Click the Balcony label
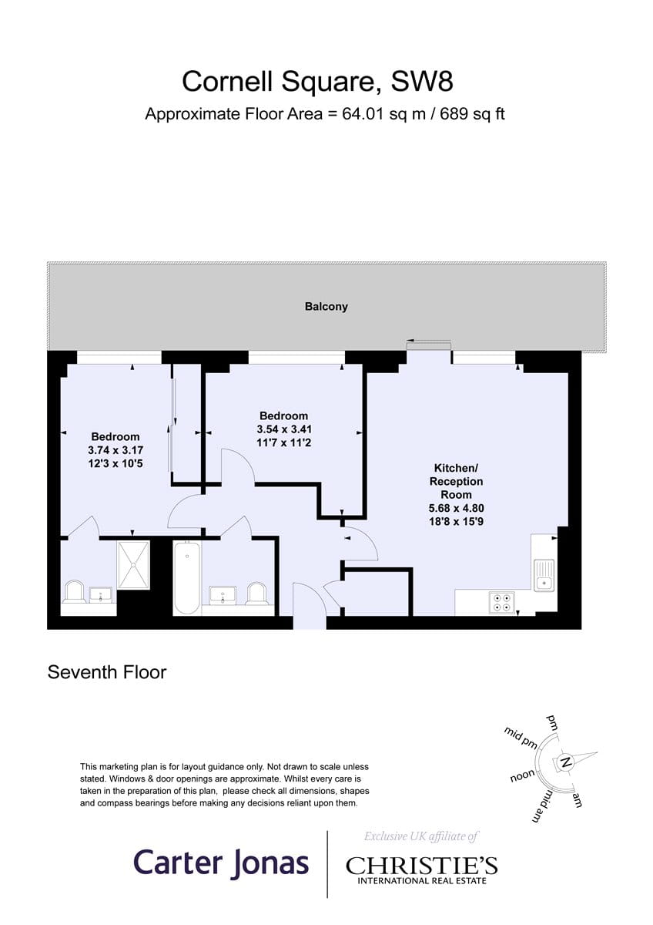click(x=326, y=307)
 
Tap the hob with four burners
click(x=501, y=602)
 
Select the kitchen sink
click(x=544, y=575)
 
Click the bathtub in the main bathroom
click(x=187, y=579)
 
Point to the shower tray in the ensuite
click(x=133, y=565)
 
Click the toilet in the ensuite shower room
click(x=74, y=592)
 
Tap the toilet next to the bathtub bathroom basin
click(x=258, y=594)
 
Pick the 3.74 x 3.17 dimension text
click(x=116, y=449)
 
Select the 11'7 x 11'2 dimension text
click(x=284, y=442)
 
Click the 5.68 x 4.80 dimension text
click(x=456, y=508)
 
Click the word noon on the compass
click(x=523, y=776)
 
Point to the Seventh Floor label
click(x=107, y=672)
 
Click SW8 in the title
click(x=421, y=81)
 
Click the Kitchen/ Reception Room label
click(x=456, y=481)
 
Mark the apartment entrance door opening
click(x=310, y=622)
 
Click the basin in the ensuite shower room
click(x=100, y=595)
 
